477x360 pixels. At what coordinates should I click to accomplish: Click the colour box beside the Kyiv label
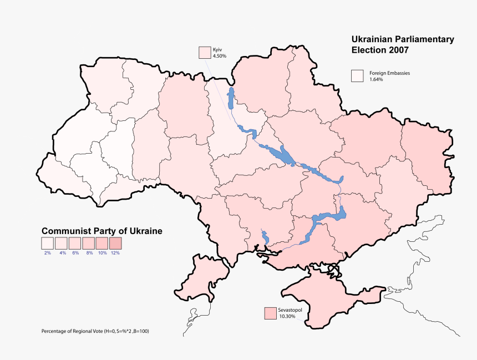205,53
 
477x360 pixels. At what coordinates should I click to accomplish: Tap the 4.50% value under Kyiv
220,55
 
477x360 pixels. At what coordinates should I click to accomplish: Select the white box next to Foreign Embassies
357,76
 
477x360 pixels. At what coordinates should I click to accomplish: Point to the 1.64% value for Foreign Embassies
376,80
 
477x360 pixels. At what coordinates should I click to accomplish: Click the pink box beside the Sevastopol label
271,313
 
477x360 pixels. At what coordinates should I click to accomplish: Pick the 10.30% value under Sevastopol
288,316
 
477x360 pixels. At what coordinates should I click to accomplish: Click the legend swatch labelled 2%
47,243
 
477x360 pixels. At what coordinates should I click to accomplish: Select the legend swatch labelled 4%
61,243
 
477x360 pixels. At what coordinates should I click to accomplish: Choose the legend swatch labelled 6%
74,243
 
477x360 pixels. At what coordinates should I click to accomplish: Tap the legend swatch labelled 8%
88,243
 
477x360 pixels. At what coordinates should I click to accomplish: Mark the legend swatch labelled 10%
102,243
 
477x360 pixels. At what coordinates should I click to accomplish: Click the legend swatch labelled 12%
115,243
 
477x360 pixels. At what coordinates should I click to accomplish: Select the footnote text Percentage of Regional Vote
72,331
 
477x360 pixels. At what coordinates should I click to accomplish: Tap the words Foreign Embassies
389,73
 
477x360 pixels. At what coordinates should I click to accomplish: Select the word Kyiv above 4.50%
217,50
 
